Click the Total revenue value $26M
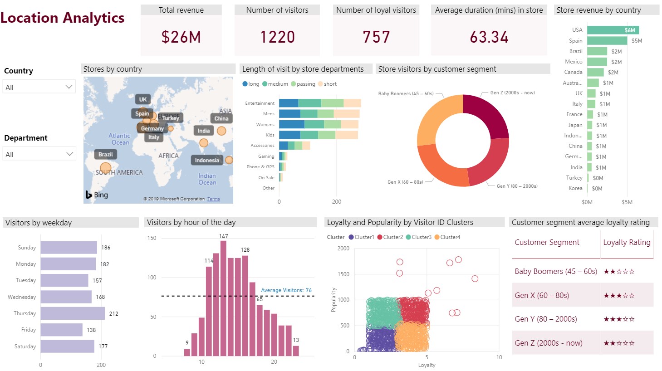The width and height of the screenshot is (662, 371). click(x=181, y=37)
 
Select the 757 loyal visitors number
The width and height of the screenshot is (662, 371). click(x=376, y=37)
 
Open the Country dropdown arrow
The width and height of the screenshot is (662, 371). click(x=69, y=87)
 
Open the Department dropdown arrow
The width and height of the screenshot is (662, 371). click(x=69, y=154)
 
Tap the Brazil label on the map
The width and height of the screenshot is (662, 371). click(x=106, y=154)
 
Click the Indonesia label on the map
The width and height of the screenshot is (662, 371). click(x=207, y=160)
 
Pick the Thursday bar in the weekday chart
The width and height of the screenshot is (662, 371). click(x=73, y=313)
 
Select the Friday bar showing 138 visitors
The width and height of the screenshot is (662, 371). click(x=61, y=330)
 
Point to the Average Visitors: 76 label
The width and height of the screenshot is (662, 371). click(x=286, y=290)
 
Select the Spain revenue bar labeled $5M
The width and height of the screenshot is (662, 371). click(x=607, y=40)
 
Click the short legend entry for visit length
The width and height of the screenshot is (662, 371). click(x=328, y=84)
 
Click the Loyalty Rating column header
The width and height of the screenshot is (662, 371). click(x=627, y=242)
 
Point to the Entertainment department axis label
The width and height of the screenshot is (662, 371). click(x=260, y=103)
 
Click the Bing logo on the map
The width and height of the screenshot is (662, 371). click(x=97, y=195)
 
